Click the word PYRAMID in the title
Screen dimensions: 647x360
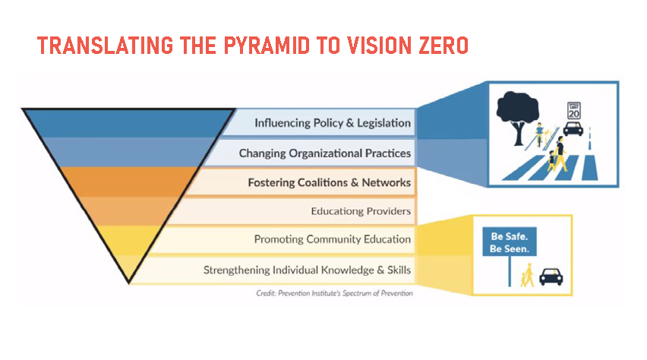click(267, 46)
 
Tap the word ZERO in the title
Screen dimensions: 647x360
click(444, 46)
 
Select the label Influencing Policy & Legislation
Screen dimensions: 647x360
click(333, 123)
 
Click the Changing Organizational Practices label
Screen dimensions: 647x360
click(325, 153)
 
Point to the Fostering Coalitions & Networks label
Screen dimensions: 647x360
click(330, 182)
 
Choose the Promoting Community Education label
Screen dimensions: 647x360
click(333, 239)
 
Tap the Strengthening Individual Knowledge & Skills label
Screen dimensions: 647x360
click(307, 270)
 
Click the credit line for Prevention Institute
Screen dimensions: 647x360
click(334, 293)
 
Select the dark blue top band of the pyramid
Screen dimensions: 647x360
click(128, 124)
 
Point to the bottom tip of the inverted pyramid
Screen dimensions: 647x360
click(129, 283)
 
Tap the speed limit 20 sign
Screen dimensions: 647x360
click(574, 111)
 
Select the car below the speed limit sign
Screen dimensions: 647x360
click(573, 129)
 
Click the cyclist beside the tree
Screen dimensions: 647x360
click(540, 134)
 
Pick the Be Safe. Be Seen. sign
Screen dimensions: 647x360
click(510, 242)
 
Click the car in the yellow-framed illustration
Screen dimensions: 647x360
click(551, 276)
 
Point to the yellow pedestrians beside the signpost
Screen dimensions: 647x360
click(527, 275)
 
